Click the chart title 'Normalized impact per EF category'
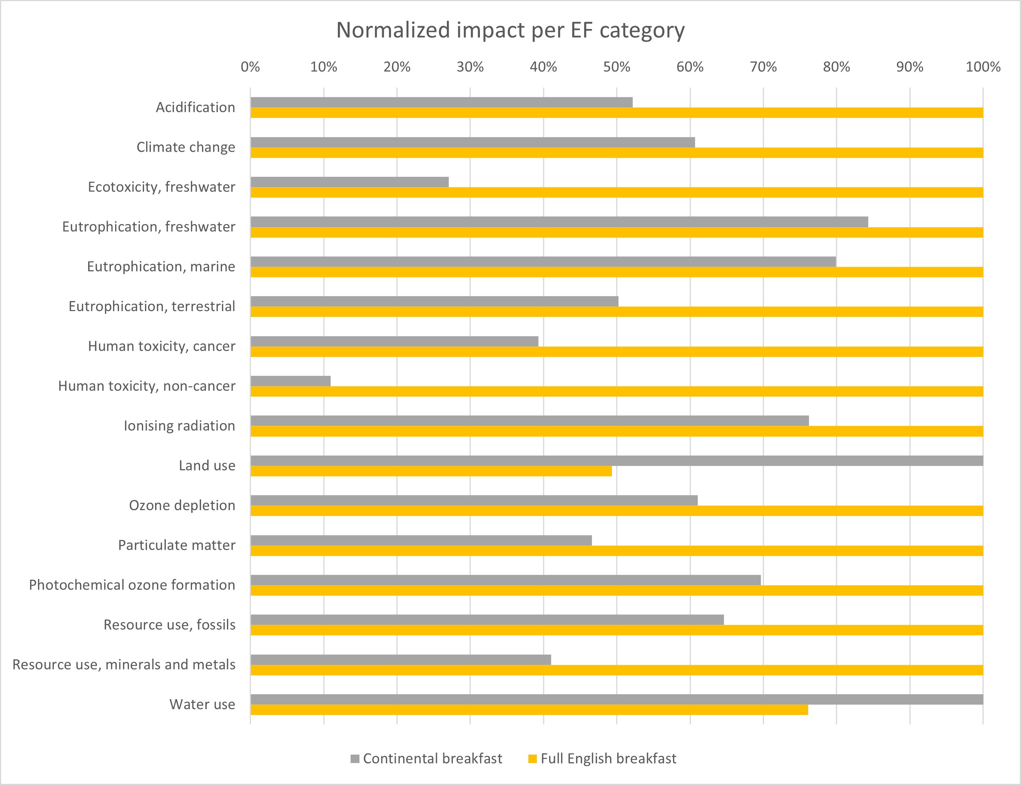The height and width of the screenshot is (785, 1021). pyautogui.click(x=510, y=30)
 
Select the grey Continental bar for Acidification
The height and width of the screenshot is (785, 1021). pyautogui.click(x=441, y=102)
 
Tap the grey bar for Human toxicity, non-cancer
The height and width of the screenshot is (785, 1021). pyautogui.click(x=291, y=381)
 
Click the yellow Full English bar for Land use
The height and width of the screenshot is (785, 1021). pyautogui.click(x=431, y=471)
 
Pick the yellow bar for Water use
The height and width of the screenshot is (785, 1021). pyautogui.click(x=529, y=710)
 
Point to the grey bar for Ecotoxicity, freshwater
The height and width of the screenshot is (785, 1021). pyautogui.click(x=349, y=182)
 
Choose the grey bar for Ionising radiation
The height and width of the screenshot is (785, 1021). pyautogui.click(x=530, y=420)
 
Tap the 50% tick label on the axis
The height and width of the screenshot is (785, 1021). pyautogui.click(x=617, y=67)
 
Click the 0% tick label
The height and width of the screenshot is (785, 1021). pyautogui.click(x=251, y=67)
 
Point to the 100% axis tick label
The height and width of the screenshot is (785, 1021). pyautogui.click(x=983, y=67)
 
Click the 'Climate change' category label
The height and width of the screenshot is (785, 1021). pyautogui.click(x=186, y=147)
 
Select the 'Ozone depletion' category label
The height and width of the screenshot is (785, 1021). pyautogui.click(x=182, y=505)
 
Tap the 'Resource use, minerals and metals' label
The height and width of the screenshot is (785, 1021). pyautogui.click(x=124, y=664)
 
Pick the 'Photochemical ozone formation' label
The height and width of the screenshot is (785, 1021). pyautogui.click(x=132, y=585)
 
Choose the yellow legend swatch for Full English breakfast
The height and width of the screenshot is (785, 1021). pyautogui.click(x=533, y=759)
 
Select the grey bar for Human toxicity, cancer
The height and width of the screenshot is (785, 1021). pyautogui.click(x=394, y=341)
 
